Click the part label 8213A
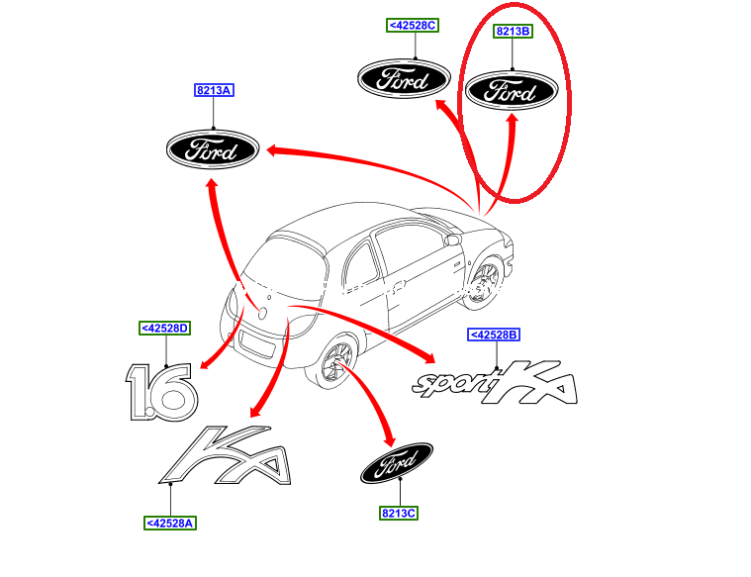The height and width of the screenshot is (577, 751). coord(213,90)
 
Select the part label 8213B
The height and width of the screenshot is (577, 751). coord(514,32)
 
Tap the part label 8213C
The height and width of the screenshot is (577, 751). coord(399,513)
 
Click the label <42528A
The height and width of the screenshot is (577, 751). coord(169,523)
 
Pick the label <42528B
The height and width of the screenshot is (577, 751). coord(494,336)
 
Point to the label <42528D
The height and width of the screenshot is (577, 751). coord(164,328)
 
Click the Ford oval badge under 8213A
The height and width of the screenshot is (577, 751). coord(212,150)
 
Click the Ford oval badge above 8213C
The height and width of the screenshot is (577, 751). coord(396,462)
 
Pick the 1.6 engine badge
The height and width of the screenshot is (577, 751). coord(161,392)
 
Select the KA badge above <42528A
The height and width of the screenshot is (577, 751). coord(230,458)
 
